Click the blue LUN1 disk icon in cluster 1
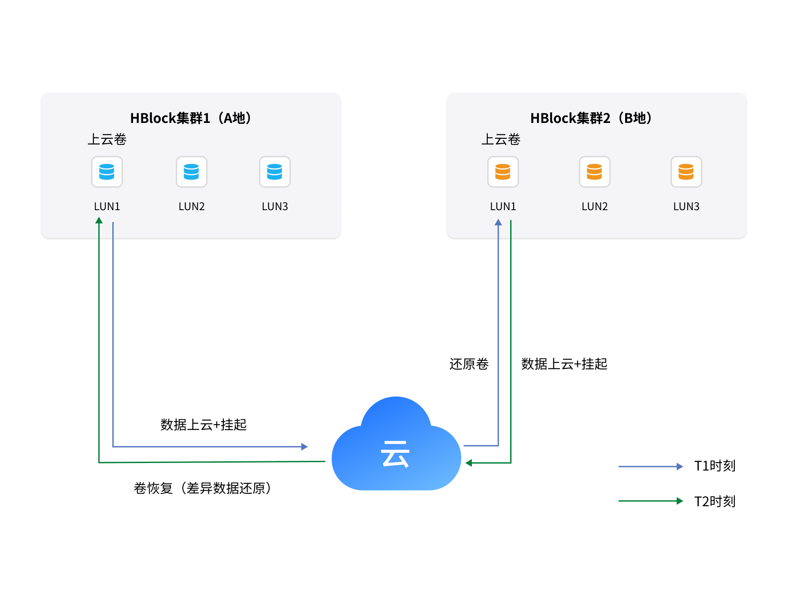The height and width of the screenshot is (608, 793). point(107,172)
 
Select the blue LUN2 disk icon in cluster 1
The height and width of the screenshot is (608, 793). point(192,172)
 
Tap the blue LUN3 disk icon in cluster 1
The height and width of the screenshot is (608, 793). point(275,172)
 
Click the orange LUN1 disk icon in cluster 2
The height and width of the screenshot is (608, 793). point(503,172)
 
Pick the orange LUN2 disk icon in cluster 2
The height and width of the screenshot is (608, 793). point(595,172)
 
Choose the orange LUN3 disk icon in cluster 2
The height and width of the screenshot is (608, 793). point(686,172)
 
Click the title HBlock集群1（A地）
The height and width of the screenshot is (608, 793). point(191,118)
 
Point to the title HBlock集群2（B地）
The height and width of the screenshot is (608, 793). point(591,118)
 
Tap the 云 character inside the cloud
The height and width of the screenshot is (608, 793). point(395,454)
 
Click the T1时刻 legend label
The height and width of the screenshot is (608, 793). point(715,466)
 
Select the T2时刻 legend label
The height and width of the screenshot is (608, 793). point(715,501)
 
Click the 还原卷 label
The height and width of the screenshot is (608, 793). point(469,364)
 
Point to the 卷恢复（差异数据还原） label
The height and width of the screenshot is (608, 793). point(202,488)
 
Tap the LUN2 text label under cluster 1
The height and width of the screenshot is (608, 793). point(192,206)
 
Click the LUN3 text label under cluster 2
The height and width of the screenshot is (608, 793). point(686,206)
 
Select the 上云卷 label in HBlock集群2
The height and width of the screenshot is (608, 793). point(500,139)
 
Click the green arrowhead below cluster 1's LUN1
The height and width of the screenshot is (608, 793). point(99,220)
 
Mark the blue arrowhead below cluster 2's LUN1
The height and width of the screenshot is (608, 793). point(498,222)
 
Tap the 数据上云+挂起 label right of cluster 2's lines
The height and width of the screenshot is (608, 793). point(564,364)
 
